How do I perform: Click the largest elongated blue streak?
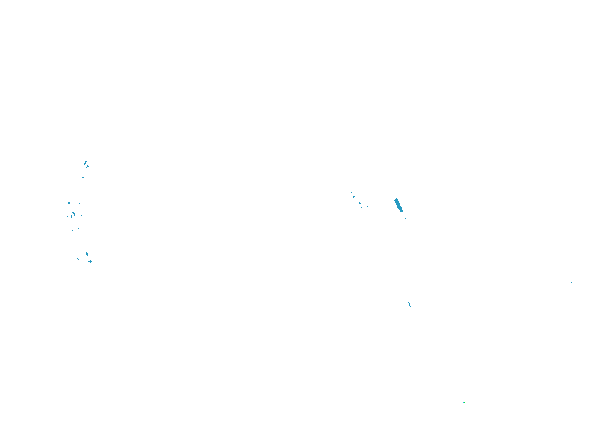398,205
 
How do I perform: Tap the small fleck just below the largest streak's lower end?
405,219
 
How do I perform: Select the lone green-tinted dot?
464,402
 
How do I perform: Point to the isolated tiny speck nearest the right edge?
571,283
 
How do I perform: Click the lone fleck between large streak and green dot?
409,304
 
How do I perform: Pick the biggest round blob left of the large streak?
354,196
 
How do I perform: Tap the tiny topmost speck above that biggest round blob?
351,192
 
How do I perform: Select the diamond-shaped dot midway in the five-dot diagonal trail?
360,203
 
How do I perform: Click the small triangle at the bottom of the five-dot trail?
362,208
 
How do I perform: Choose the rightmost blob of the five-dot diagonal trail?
368,206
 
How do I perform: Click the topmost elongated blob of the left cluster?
85,163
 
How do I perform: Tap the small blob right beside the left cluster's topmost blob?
88,166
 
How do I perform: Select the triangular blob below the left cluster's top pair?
83,177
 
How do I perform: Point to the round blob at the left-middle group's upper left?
69,203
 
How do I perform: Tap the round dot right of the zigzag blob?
81,215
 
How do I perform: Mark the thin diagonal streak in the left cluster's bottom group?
76,257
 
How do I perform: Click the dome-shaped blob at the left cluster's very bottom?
90,261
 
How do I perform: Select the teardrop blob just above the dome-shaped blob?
87,254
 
